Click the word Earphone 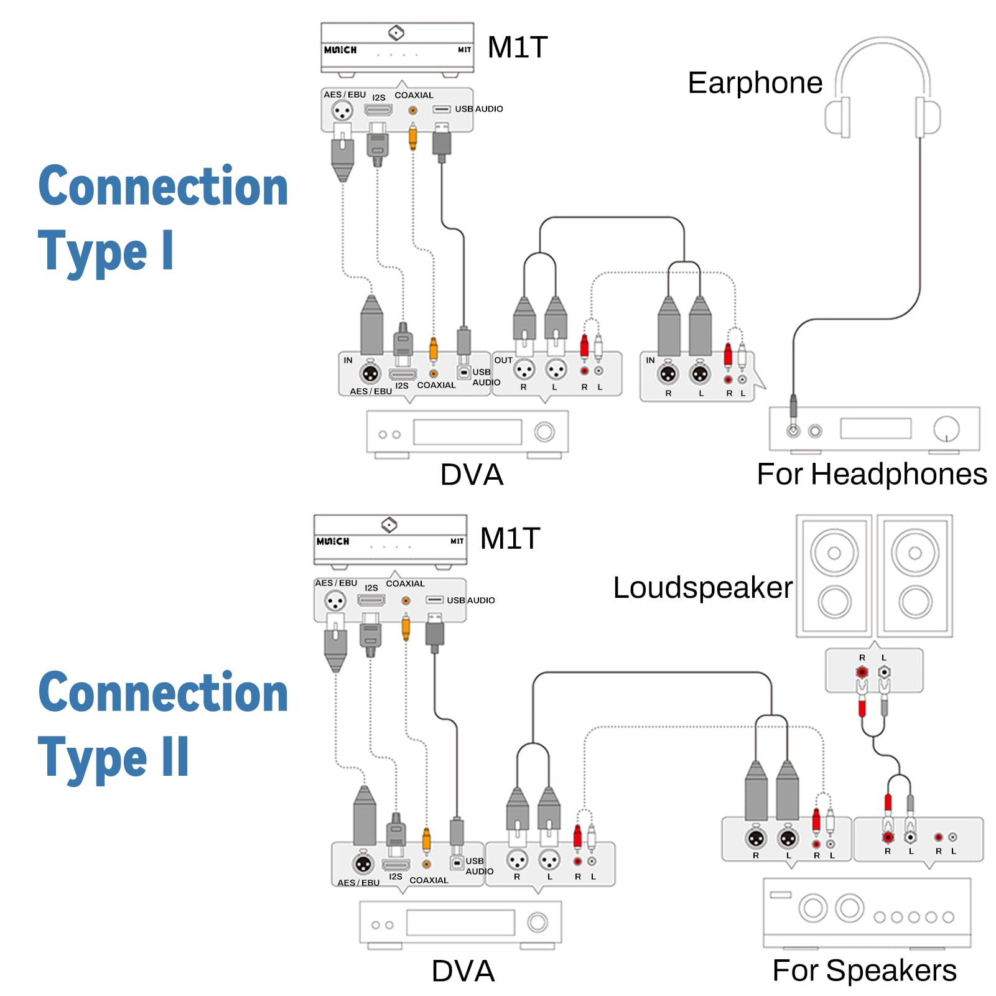pyautogui.click(x=755, y=83)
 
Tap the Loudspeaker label pyautogui.click(x=702, y=588)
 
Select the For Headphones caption pyautogui.click(x=871, y=474)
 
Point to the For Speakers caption pyautogui.click(x=864, y=970)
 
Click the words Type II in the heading pyautogui.click(x=113, y=758)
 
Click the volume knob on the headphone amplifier pyautogui.click(x=946, y=428)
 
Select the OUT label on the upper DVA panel pyautogui.click(x=503, y=360)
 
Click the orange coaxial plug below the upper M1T pyautogui.click(x=412, y=136)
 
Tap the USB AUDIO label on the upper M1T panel pyautogui.click(x=478, y=109)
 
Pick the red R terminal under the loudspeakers pyautogui.click(x=862, y=672)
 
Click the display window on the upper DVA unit pyautogui.click(x=467, y=432)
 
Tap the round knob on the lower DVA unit pyautogui.click(x=538, y=923)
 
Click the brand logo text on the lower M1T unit pyautogui.click(x=333, y=541)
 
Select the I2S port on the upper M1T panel pyautogui.click(x=378, y=110)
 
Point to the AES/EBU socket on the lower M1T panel pyautogui.click(x=335, y=601)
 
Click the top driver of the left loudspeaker pyautogui.click(x=834, y=552)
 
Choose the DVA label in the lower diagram pyautogui.click(x=463, y=971)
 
